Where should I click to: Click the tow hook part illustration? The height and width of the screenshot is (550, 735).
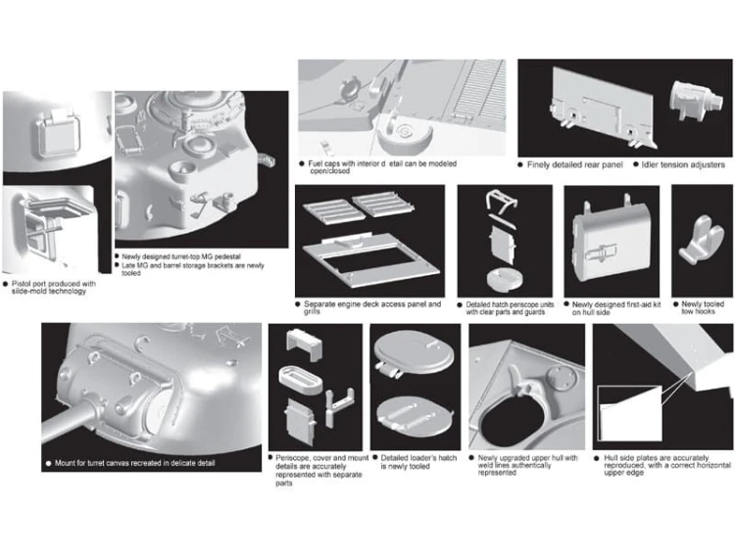point(702,239)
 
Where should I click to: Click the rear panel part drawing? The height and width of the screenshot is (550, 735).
point(603,108)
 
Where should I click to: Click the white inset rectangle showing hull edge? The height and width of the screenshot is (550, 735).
point(630,413)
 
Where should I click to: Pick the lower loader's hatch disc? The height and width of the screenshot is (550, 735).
point(414,414)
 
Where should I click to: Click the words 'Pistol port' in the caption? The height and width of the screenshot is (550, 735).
point(28,284)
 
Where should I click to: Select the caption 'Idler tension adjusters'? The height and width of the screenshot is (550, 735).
point(682,164)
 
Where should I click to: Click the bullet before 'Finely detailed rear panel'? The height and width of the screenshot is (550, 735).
point(520,164)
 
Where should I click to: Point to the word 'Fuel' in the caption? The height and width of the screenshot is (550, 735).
point(316,163)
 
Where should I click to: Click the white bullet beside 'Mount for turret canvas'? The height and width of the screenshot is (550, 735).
point(48,464)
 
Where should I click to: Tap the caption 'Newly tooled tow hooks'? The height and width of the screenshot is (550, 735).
point(703,307)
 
